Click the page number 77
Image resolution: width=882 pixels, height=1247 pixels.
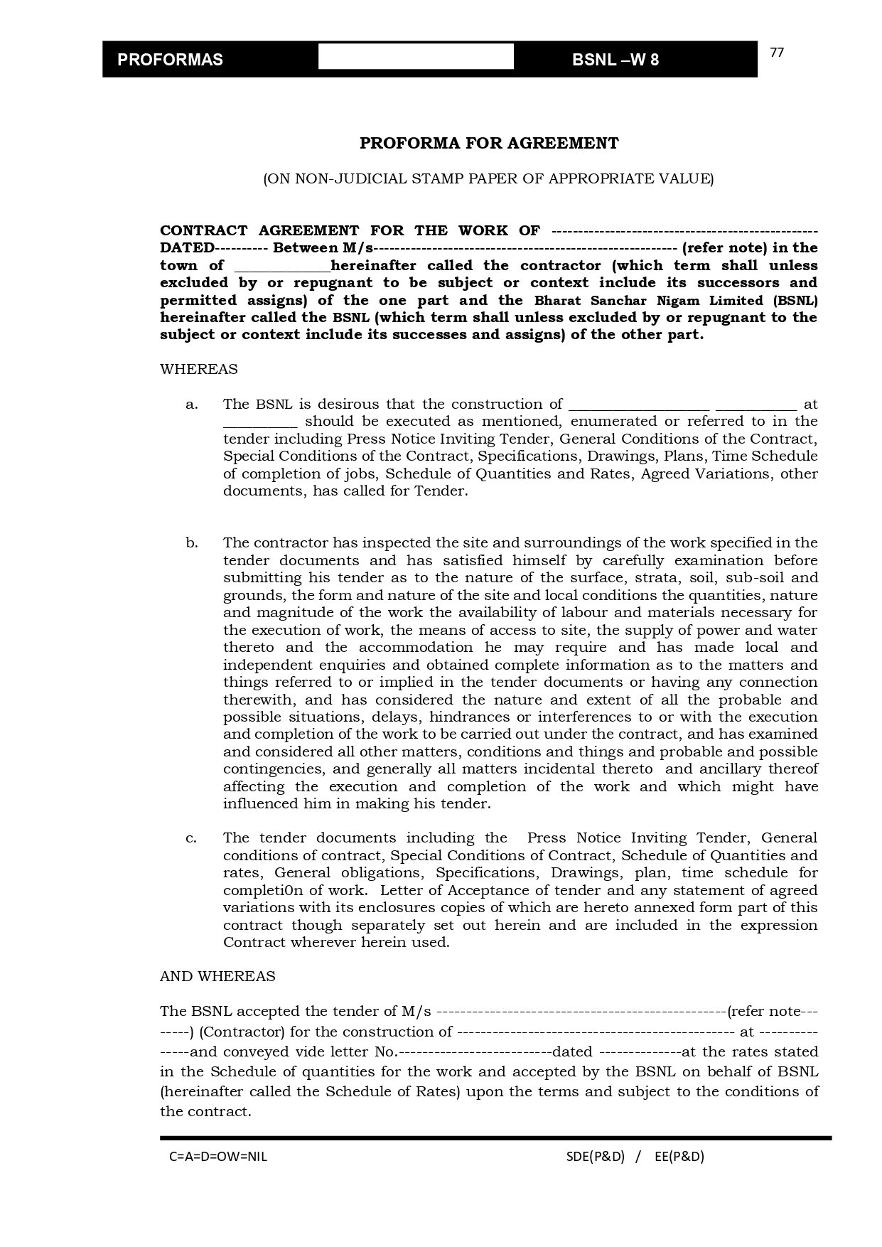[x=777, y=53]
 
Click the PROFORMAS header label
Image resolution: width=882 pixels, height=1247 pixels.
[x=170, y=60]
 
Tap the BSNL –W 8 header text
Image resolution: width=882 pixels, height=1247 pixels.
[x=615, y=60]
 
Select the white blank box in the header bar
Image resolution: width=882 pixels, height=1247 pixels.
[x=416, y=57]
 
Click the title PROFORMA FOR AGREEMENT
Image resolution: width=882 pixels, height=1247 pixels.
[x=489, y=143]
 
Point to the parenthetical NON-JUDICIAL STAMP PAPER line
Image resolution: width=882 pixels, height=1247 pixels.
[x=488, y=178]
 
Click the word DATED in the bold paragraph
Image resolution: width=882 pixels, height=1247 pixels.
[x=187, y=248]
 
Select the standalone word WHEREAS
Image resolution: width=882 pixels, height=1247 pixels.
[x=199, y=370]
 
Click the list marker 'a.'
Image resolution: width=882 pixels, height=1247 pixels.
[x=191, y=405]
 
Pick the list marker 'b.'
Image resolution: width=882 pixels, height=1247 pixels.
[x=192, y=543]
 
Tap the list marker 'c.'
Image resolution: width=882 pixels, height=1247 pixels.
[x=191, y=838]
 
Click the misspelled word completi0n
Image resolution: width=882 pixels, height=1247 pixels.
[x=259, y=891]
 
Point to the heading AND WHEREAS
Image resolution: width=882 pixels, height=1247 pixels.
[x=217, y=977]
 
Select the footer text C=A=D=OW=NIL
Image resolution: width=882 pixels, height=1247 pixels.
[x=218, y=1157]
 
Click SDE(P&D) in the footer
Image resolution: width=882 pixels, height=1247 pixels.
[x=596, y=1157]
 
